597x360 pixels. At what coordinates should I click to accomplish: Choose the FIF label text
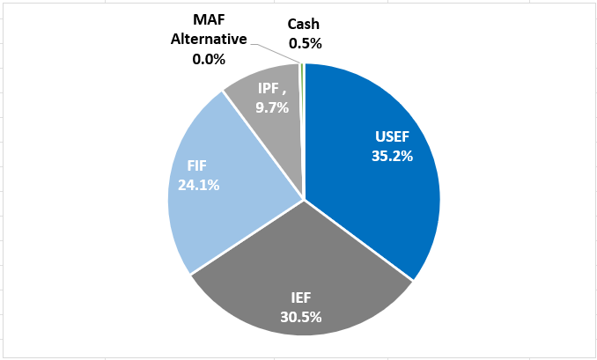198,165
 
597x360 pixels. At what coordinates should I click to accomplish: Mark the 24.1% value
198,185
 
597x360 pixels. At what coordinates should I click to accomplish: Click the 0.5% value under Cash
305,42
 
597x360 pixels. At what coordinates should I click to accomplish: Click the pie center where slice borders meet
304,199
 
